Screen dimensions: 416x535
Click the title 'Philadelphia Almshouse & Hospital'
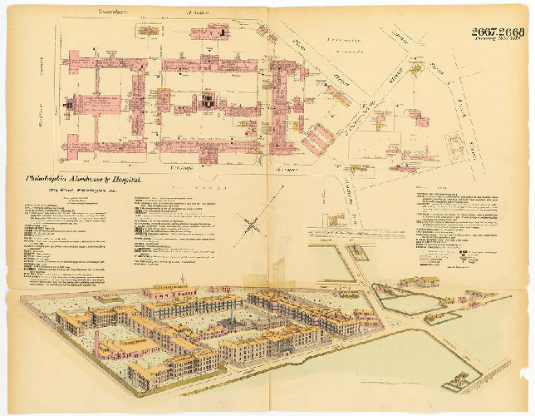tap(85, 178)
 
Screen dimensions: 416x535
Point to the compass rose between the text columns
tap(249, 224)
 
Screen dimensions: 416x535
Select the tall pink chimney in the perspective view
tap(96, 342)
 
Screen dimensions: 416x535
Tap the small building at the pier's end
tap(456, 384)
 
